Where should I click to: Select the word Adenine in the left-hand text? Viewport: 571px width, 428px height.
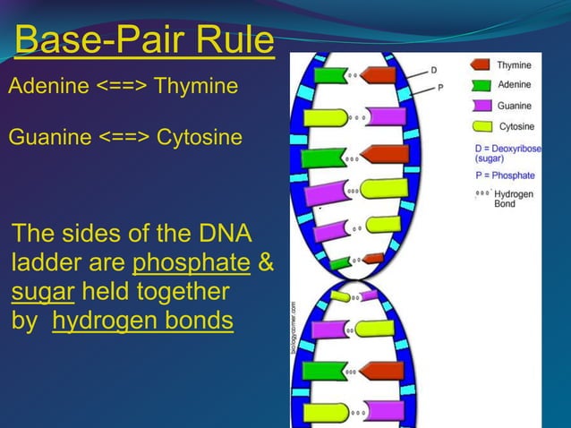[48, 87]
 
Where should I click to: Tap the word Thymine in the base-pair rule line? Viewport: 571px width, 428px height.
[196, 87]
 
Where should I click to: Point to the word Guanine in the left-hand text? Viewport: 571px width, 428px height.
[50, 138]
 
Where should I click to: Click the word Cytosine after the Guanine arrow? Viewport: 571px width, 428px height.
[199, 138]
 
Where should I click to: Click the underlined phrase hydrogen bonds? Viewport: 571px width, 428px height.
[143, 321]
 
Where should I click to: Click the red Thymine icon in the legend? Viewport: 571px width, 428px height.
[480, 65]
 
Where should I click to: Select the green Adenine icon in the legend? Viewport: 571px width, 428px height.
[480, 86]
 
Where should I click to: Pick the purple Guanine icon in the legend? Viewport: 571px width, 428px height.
[480, 107]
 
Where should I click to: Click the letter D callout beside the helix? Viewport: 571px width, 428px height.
[434, 69]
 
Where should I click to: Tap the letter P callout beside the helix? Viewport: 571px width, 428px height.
[440, 88]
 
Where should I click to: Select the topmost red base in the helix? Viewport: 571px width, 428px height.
[378, 76]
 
